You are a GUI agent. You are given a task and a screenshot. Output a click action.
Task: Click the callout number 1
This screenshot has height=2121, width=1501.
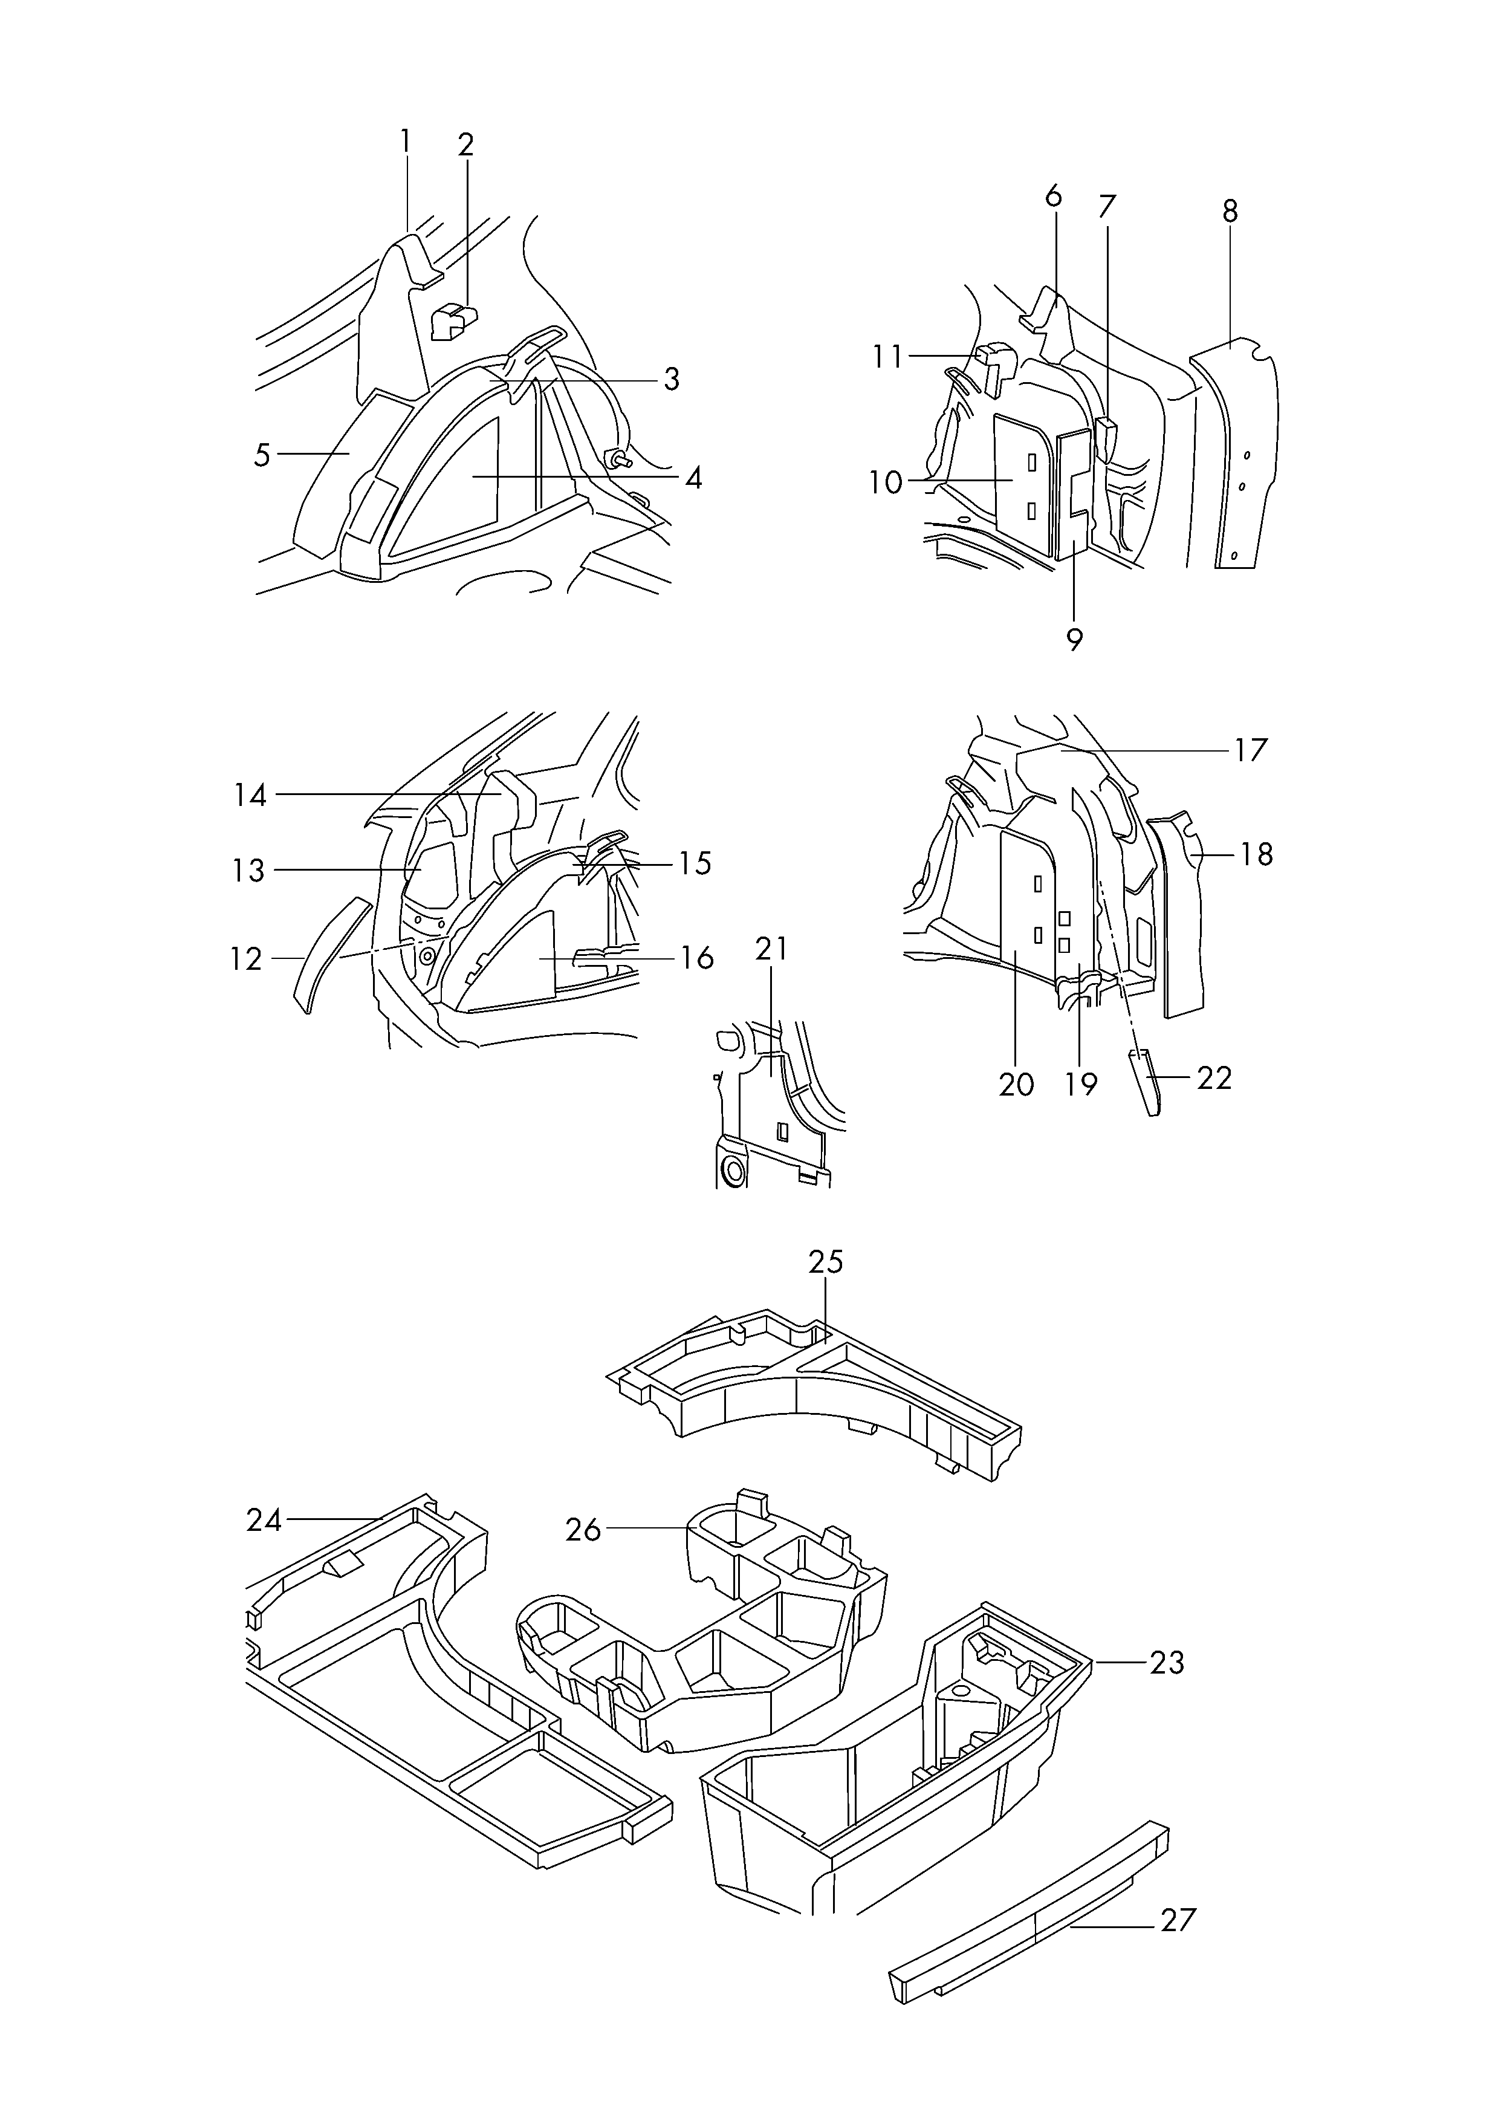(x=405, y=141)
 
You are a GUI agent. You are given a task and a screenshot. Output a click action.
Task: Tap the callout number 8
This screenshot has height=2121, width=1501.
(x=1229, y=212)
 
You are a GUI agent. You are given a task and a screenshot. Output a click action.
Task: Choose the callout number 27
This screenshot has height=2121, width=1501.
(x=1178, y=1920)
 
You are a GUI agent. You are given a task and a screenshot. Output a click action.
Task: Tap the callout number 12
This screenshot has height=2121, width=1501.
(x=247, y=960)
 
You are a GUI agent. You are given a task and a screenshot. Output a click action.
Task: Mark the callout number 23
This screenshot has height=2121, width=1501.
(x=1167, y=1663)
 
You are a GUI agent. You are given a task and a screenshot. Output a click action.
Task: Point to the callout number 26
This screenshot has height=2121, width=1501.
(x=583, y=1530)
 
